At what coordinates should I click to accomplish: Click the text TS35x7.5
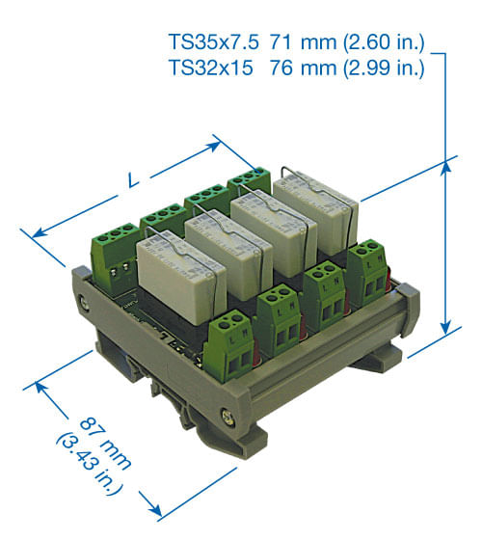[x=213, y=42]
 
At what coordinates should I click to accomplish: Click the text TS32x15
[x=211, y=68]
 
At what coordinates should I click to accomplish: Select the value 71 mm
[x=303, y=42]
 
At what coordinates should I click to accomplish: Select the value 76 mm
[x=303, y=68]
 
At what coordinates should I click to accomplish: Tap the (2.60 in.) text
[x=384, y=42]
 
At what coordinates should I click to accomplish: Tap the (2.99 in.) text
[x=384, y=68]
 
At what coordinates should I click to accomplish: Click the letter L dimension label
[x=133, y=180]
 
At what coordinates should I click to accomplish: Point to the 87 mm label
[x=105, y=444]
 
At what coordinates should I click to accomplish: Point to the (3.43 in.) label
[x=89, y=465]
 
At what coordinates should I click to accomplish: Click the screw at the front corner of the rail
[x=228, y=416]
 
